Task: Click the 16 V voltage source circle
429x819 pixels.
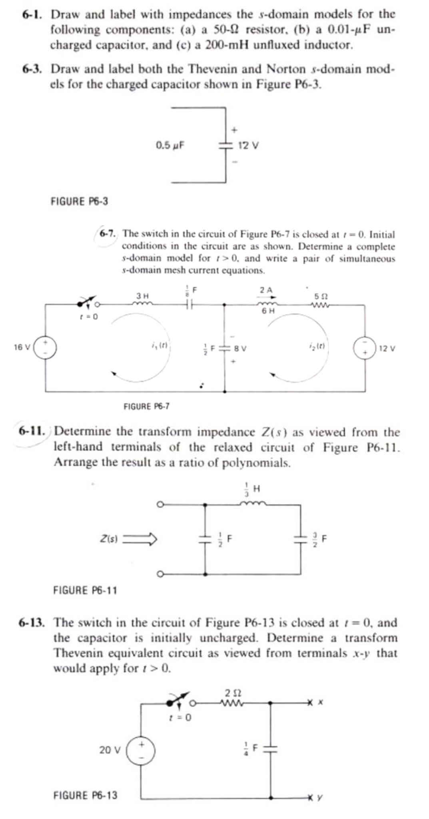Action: click(45, 347)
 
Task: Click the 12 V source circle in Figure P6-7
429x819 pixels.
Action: click(365, 347)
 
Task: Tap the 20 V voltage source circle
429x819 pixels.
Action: click(140, 749)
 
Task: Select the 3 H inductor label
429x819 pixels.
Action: click(142, 296)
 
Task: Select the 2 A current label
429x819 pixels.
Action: click(266, 289)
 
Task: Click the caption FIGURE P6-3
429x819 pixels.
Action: click(79, 201)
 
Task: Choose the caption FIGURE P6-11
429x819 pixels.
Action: click(85, 590)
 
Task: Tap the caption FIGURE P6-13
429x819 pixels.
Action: click(85, 795)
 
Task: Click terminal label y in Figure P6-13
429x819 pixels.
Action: click(320, 797)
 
